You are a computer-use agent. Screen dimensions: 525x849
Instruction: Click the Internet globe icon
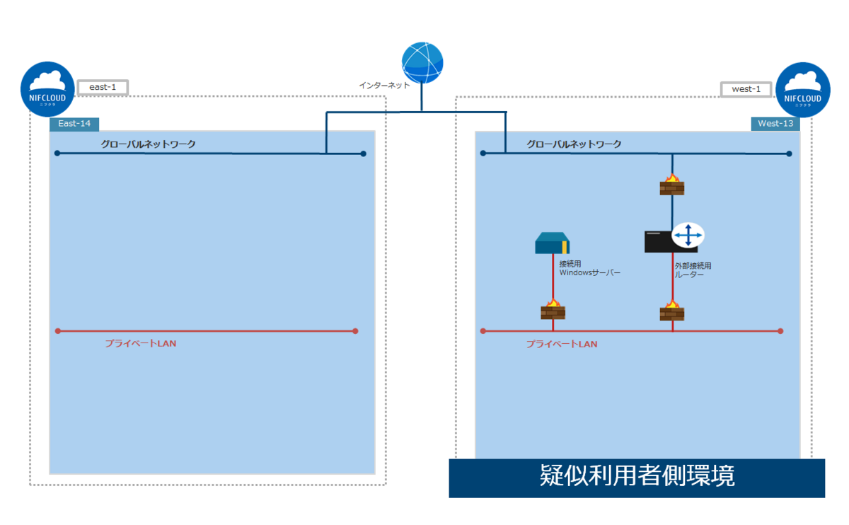pos(422,63)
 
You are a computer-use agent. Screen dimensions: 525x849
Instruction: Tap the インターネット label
pos(384,85)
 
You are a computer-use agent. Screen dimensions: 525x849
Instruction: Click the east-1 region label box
pos(103,87)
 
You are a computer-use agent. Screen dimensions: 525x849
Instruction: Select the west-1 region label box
pos(746,89)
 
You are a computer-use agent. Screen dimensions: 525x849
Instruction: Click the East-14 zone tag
pos(74,124)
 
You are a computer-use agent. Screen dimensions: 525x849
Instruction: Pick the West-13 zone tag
pos(775,124)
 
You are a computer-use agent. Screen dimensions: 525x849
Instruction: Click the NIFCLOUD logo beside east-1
pos(47,90)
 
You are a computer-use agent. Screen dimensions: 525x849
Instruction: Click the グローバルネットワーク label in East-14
pos(148,144)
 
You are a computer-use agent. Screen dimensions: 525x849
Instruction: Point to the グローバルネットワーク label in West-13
pos(574,144)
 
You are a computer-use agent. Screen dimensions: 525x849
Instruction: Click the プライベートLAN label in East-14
pos(141,344)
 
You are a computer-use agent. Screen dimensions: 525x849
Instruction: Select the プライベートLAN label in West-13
pos(562,344)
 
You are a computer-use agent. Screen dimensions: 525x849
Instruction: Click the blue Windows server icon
pos(553,243)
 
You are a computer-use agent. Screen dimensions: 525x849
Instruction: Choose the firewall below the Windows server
pos(553,309)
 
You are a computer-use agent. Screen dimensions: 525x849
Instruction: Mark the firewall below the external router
pos(672,309)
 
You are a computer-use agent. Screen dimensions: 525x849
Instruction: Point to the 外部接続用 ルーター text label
pos(693,270)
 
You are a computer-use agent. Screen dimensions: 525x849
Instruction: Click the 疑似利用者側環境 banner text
pos(637,476)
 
